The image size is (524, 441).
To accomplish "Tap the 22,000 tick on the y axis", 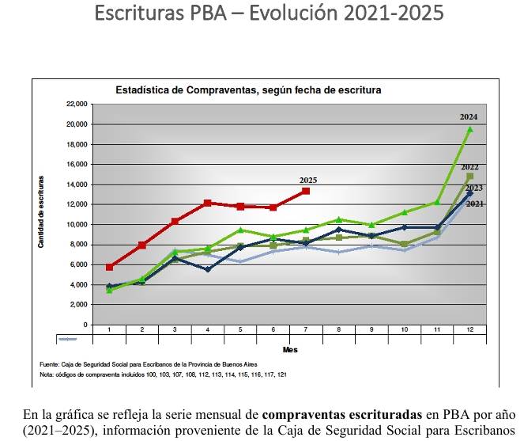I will click(x=76, y=105).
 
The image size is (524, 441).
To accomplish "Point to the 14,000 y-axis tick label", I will click(x=76, y=184).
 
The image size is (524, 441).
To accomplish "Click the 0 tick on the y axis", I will click(x=83, y=325).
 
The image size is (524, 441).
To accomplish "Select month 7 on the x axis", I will click(x=306, y=329).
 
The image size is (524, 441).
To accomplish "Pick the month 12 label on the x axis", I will click(x=470, y=329).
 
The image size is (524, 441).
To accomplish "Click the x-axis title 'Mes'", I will click(x=289, y=349).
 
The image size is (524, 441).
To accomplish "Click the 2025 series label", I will click(x=308, y=181).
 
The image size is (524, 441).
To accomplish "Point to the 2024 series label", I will click(x=469, y=117).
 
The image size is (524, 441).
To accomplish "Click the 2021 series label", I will click(x=475, y=204).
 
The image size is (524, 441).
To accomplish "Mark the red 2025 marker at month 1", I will click(x=110, y=268).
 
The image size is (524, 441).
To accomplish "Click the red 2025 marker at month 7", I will click(x=306, y=192).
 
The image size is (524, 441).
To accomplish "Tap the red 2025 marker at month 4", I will click(x=208, y=203).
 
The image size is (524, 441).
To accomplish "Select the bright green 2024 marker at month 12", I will click(x=470, y=129).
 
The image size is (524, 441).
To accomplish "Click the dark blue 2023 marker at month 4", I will click(x=208, y=269).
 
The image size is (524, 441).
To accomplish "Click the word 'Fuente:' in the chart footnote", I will click(x=50, y=364).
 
